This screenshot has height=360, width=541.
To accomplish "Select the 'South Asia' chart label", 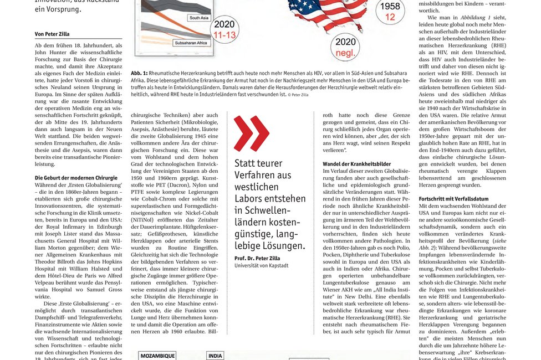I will point(198,18).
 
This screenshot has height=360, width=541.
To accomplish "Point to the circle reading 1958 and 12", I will point(390,12).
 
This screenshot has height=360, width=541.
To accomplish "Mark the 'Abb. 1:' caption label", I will point(139,73).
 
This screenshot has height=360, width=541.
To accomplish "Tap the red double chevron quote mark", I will point(251,133).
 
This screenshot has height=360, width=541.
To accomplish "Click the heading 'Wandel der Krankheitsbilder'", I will point(357,164).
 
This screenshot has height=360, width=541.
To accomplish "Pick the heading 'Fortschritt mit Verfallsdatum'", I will point(453,198).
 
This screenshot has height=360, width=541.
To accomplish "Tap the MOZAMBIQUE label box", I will point(157,356).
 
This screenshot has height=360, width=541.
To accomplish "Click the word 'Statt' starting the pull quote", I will point(244,163).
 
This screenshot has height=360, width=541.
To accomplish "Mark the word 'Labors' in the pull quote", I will point(248,198).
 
